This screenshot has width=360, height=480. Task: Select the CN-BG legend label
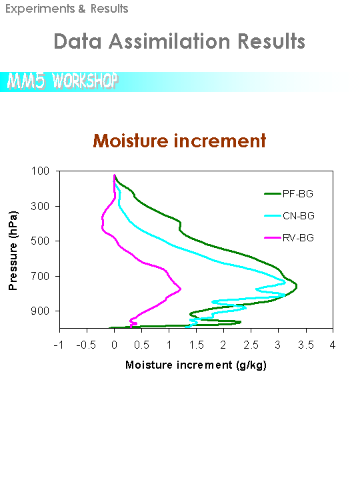[x=299, y=216]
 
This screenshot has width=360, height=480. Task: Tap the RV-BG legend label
[x=298, y=238]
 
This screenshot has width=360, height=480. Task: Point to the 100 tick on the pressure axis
[x=40, y=171]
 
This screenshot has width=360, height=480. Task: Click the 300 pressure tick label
[x=40, y=206]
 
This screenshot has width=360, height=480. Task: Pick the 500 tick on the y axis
[x=40, y=241]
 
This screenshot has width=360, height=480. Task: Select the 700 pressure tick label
[x=40, y=276]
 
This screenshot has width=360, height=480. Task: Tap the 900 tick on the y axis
[x=40, y=311]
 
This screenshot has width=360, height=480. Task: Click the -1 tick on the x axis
[x=59, y=345]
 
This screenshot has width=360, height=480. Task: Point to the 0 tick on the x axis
[x=114, y=345]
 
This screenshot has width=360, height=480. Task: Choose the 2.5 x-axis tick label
[x=251, y=345]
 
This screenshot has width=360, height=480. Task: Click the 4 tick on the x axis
[x=333, y=345]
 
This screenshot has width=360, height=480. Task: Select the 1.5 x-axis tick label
[x=196, y=345]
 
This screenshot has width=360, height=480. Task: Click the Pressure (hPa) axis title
[x=13, y=251]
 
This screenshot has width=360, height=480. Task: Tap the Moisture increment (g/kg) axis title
[x=196, y=365]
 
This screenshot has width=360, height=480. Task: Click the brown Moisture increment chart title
[x=179, y=141]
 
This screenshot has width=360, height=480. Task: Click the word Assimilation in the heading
[x=169, y=41]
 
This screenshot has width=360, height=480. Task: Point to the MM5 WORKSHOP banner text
[x=63, y=81]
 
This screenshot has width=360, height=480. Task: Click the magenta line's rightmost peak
[x=181, y=289]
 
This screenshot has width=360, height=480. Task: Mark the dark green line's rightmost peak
[x=297, y=287]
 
